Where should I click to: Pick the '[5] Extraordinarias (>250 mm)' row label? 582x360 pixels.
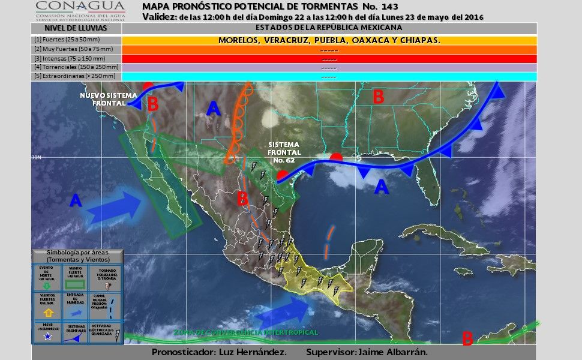pos(69,77)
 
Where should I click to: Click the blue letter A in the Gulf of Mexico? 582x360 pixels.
pos(381,188)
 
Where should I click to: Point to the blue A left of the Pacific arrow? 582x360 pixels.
pos(76,201)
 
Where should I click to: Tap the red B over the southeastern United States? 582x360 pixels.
pos(378,97)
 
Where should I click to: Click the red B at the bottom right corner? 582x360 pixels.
pos(467,339)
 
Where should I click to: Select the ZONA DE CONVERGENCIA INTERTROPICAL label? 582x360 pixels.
pos(246,332)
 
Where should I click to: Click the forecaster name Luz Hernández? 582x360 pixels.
pos(252,352)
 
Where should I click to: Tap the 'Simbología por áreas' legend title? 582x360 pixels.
pos(78,256)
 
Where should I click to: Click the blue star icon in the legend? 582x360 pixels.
pos(46,337)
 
